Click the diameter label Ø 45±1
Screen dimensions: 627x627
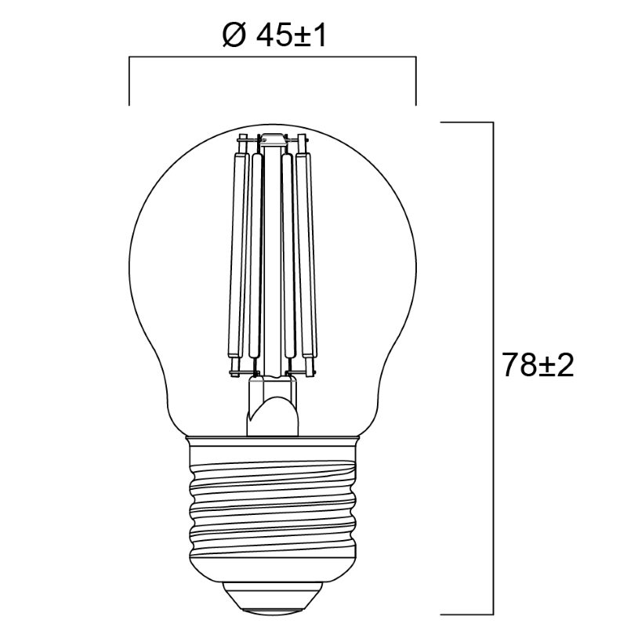click(274, 36)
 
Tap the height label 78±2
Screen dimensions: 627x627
click(538, 365)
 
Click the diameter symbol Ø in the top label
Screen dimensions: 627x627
click(233, 36)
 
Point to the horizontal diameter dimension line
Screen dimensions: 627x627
click(272, 57)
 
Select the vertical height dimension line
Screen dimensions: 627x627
click(493, 368)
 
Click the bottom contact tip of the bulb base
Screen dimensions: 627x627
click(272, 611)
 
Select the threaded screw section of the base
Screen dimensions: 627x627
click(272, 512)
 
